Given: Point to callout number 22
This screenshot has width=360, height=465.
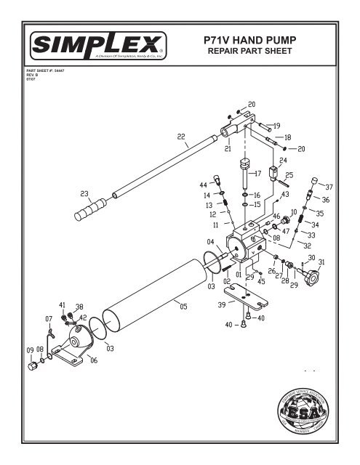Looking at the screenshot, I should click(x=181, y=136).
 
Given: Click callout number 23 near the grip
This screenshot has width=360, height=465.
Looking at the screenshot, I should click(x=85, y=194).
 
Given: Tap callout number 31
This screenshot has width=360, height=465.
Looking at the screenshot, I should click(x=321, y=262).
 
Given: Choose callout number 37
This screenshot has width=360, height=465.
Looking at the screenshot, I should click(x=329, y=187).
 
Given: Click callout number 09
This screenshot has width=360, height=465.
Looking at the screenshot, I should click(x=31, y=349).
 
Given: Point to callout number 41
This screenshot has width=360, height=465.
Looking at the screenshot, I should click(x=62, y=304).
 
